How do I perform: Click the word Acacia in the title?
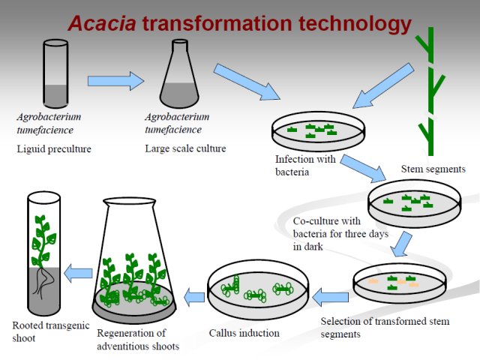[102, 23]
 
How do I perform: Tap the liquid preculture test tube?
[55, 73]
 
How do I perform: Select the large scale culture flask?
[179, 73]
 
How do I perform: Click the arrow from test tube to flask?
[115, 81]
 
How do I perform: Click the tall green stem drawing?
[430, 91]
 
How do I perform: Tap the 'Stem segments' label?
[433, 169]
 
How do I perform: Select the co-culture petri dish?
[414, 203]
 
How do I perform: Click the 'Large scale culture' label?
[185, 148]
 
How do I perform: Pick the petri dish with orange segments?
[400, 283]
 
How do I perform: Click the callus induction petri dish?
[258, 289]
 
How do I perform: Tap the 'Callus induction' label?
[244, 333]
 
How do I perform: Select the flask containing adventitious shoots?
[134, 260]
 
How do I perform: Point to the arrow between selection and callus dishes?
[330, 297]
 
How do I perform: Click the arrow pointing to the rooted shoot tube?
[78, 273]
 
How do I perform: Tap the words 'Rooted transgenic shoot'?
[51, 331]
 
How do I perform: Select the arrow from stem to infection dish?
[383, 85]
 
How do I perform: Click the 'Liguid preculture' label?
[54, 148]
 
